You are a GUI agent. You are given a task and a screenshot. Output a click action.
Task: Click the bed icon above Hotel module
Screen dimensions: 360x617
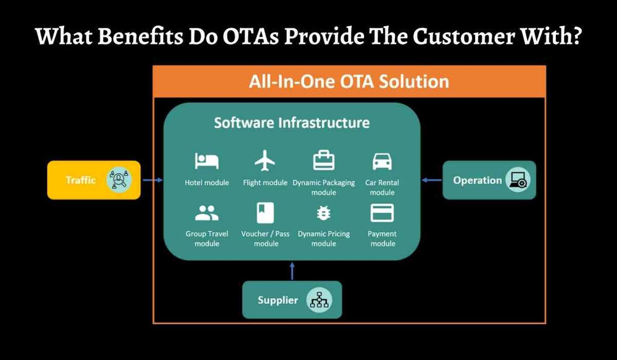pos(207,161)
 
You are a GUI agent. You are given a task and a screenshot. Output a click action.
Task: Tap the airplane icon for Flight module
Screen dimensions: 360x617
pos(265,161)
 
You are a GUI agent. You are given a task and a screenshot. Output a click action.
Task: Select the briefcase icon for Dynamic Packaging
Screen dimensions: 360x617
pos(323,161)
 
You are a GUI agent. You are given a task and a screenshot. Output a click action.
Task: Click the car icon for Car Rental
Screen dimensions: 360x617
pos(382,161)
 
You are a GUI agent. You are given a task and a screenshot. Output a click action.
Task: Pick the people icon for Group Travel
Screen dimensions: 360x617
pos(207,214)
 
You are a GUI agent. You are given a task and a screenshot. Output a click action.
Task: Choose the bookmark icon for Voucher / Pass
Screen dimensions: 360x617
pos(265,213)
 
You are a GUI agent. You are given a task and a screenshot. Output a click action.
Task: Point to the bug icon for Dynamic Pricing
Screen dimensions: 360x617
pos(323,214)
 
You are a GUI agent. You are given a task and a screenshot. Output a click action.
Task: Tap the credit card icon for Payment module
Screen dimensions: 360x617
pos(382,213)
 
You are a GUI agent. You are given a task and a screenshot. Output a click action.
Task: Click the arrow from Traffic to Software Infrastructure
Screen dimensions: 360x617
pos(152,180)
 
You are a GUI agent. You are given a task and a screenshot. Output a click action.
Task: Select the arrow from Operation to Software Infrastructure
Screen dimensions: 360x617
pos(432,180)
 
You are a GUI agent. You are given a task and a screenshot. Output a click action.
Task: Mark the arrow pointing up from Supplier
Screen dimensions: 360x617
pos(292,270)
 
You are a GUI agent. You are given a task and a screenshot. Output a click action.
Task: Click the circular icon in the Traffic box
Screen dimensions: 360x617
pos(118,180)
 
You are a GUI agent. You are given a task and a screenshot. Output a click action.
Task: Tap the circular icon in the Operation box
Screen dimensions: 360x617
pos(517,180)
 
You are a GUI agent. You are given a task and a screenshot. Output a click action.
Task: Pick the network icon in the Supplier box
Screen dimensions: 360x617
pos(320,300)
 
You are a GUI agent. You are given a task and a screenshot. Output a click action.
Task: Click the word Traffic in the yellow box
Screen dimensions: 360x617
pos(81,180)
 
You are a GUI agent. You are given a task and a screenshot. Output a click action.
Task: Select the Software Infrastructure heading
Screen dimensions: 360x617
pos(292,122)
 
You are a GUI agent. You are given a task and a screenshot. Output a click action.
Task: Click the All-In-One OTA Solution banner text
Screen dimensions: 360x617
pos(349,82)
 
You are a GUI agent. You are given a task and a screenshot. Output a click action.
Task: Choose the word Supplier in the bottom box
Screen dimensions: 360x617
pos(278,301)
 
